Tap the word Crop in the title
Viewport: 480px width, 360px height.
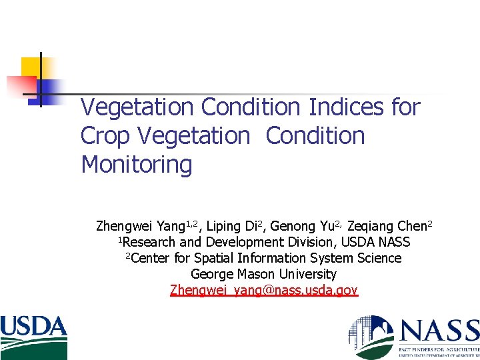click(105, 136)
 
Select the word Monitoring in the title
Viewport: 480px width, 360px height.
click(136, 165)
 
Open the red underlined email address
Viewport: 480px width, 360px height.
click(264, 290)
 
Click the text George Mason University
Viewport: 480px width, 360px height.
click(264, 274)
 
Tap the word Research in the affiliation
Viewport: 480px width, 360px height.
click(149, 242)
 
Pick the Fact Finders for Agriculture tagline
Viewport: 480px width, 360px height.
click(439, 349)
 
